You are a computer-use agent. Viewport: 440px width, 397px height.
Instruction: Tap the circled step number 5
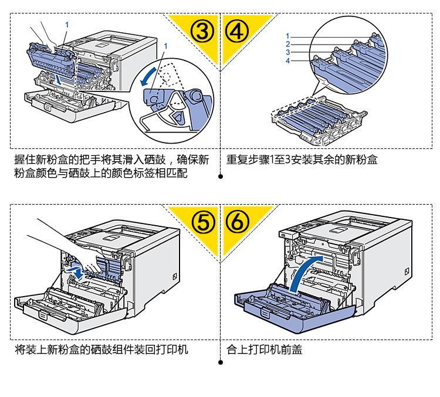203,222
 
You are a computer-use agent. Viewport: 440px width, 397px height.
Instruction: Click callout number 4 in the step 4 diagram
288,61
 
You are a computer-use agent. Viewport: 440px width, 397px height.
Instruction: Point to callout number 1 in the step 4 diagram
288,36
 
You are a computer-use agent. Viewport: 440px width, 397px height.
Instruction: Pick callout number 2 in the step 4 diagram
288,44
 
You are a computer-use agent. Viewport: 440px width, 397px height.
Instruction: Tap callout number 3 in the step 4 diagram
288,52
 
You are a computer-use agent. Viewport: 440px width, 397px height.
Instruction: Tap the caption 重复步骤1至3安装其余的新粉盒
302,159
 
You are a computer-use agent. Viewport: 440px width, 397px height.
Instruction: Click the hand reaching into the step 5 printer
59,240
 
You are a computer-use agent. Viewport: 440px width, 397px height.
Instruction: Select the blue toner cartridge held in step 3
50,56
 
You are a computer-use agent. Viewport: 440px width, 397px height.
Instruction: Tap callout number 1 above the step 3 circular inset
167,45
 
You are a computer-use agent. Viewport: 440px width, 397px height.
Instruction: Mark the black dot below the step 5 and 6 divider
220,362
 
